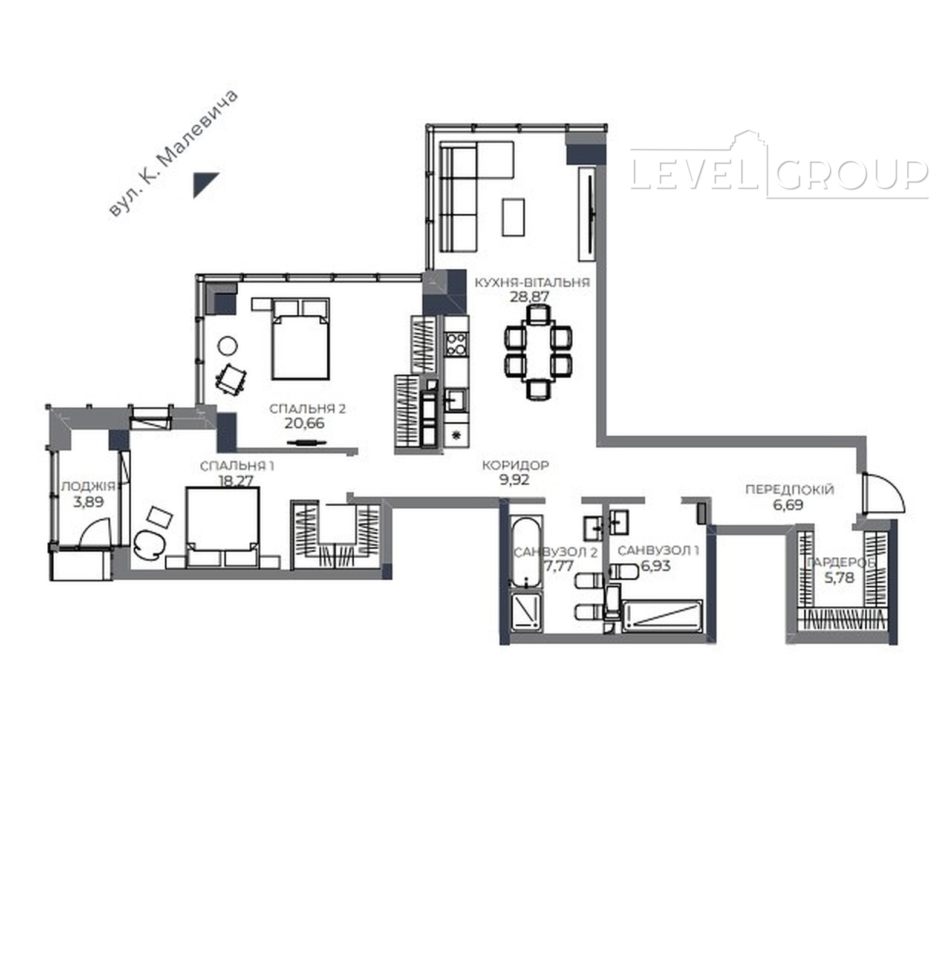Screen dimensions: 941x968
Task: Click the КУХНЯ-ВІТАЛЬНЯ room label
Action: pos(532,283)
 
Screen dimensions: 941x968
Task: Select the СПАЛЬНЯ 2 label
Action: pos(307,409)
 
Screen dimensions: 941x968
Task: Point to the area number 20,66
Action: pos(304,423)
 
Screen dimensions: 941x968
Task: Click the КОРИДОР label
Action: pos(515,465)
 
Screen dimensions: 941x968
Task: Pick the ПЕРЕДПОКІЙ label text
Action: pos(790,489)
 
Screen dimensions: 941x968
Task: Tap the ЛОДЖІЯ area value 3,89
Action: pos(87,502)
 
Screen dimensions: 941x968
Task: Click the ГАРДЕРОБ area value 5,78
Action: pos(839,578)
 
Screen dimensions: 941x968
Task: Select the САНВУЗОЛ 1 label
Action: pos(659,551)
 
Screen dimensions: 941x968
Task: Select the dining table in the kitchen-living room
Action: pos(538,352)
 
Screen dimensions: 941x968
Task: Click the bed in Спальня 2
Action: pos(301,339)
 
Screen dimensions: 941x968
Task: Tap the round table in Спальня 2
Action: pos(227,346)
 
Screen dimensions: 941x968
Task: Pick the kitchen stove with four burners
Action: pos(456,344)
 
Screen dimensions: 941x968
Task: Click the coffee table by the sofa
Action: pos(513,217)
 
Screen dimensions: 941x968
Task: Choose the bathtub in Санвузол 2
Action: pos(525,551)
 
